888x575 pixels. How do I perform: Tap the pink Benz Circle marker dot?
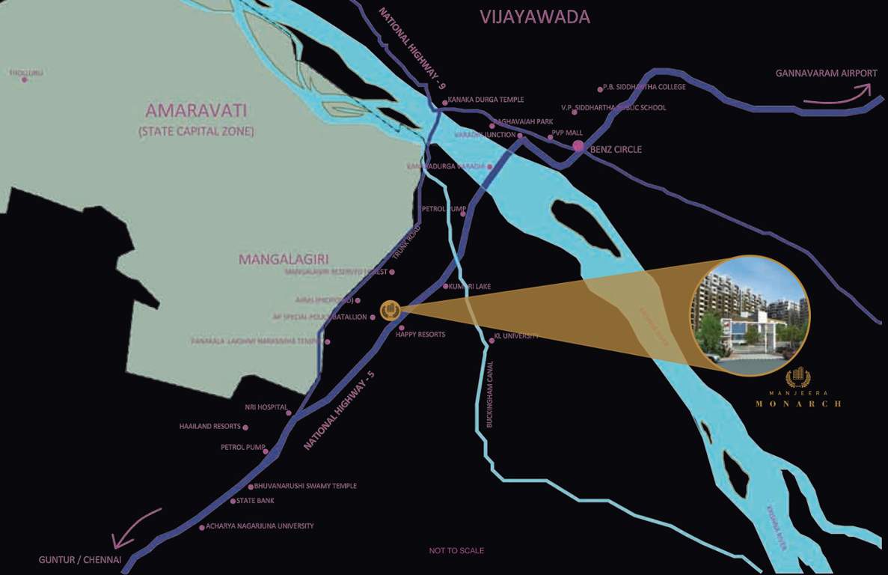click(x=578, y=146)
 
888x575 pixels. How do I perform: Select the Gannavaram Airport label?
click(x=826, y=73)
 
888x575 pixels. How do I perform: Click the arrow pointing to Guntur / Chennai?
click(x=135, y=528)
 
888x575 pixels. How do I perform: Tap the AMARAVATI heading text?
click(x=196, y=112)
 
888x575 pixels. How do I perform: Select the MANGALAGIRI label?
click(x=284, y=260)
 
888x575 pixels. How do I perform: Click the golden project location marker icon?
click(x=390, y=310)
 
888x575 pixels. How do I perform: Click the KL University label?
click(x=517, y=336)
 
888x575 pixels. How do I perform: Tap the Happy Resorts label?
click(x=420, y=335)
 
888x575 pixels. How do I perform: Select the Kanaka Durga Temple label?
click(x=486, y=100)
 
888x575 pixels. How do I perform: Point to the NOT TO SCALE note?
click(x=456, y=551)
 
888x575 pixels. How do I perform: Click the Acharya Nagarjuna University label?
click(x=260, y=526)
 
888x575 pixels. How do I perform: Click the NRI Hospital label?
click(x=266, y=407)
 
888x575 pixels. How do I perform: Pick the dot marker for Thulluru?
click(x=24, y=79)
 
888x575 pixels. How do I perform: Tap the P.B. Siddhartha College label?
click(x=644, y=87)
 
